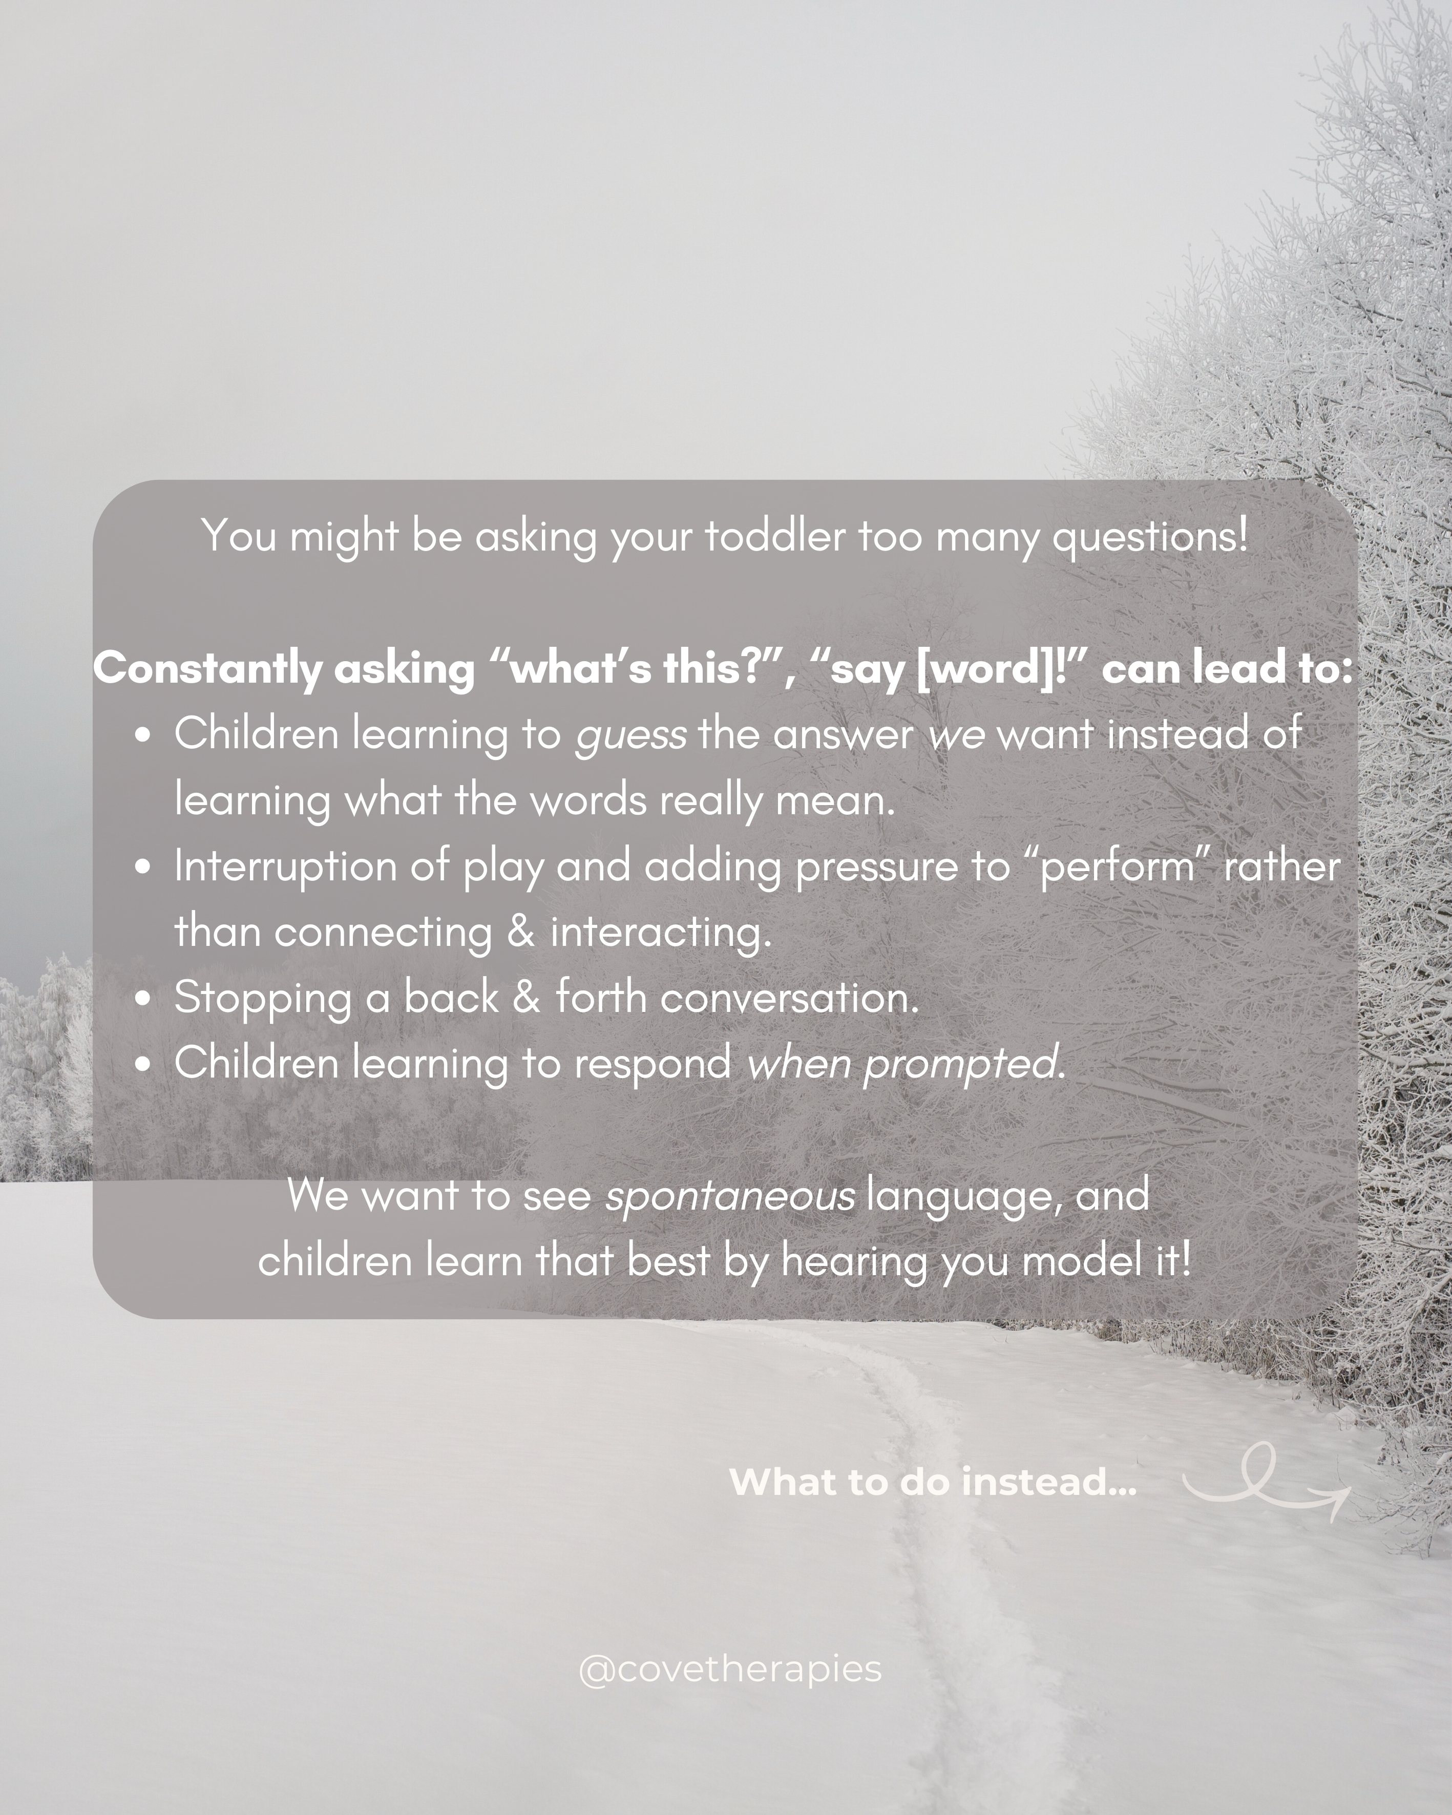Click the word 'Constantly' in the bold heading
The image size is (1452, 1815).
(x=207, y=670)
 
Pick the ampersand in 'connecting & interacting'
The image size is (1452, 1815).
(x=521, y=933)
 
